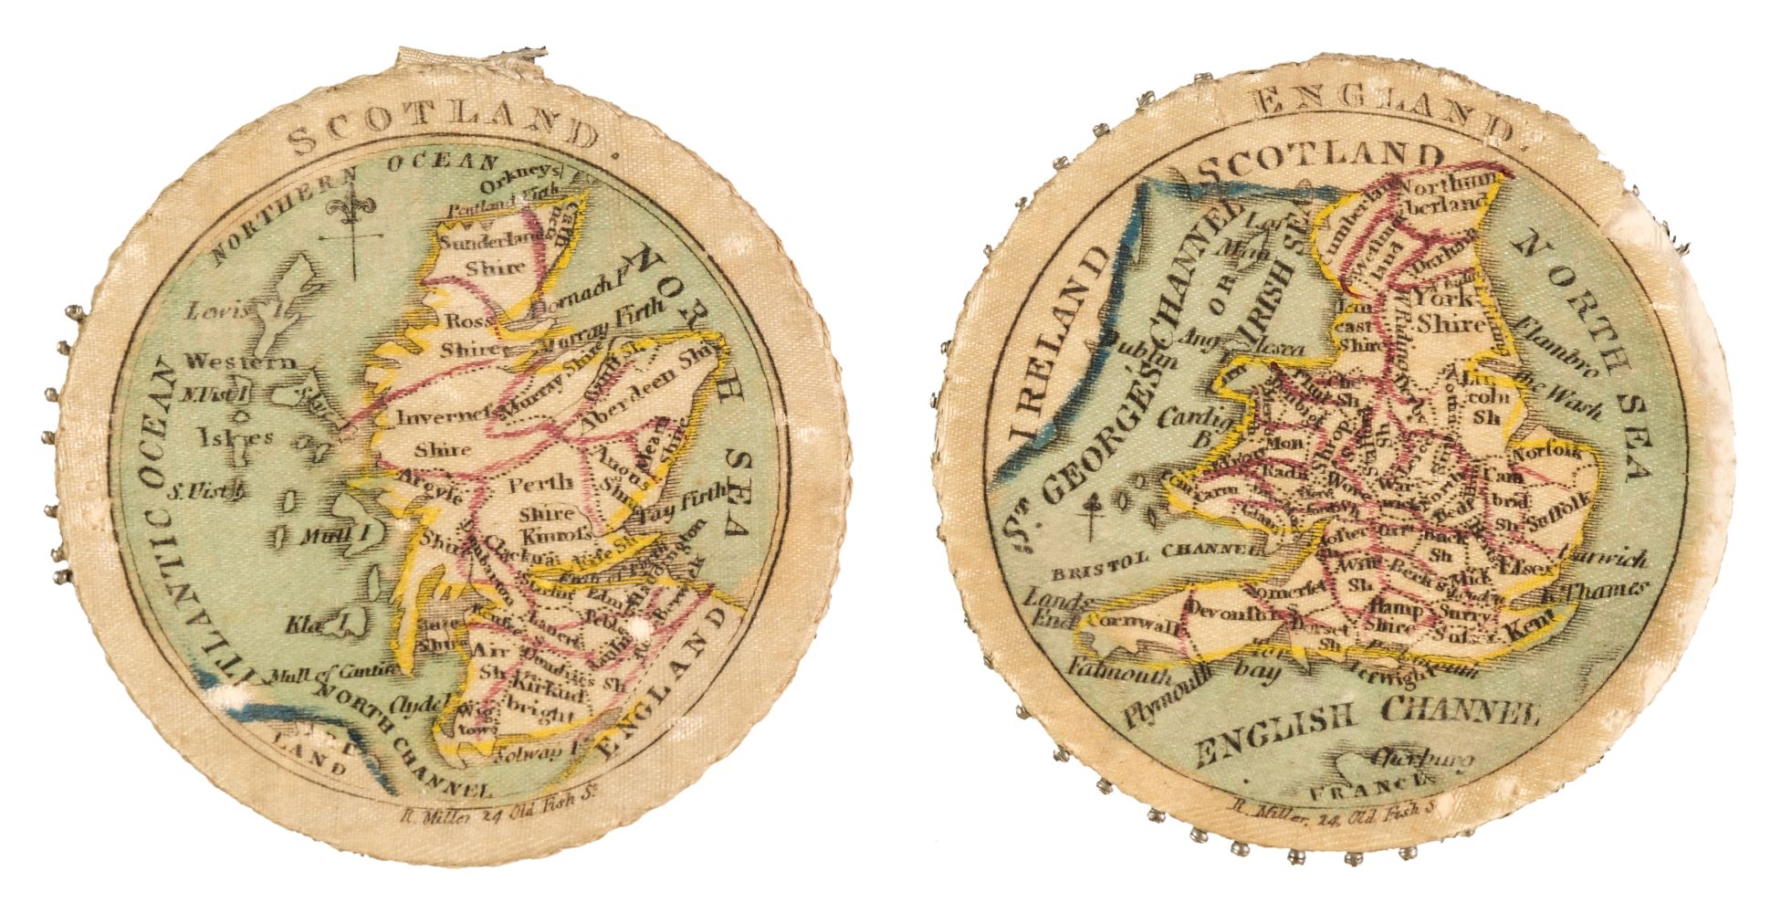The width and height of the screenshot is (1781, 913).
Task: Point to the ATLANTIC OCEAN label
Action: (x=157, y=520)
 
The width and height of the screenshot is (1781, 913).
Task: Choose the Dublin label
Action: (x=1126, y=346)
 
